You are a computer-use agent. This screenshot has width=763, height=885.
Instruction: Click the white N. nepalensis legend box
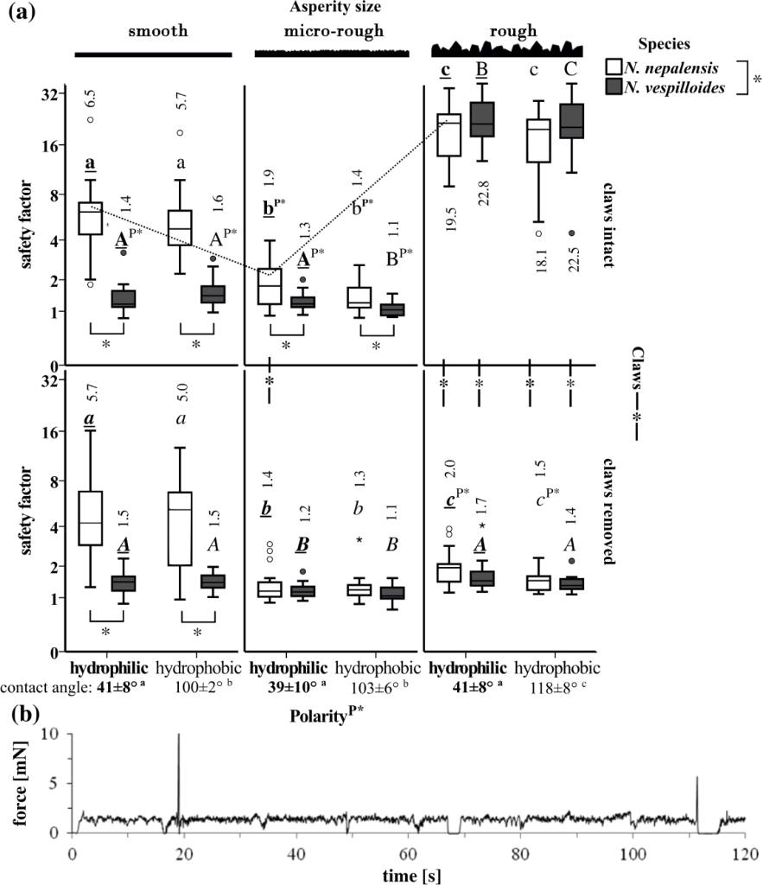click(617, 67)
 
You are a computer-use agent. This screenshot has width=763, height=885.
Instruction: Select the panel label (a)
click(23, 12)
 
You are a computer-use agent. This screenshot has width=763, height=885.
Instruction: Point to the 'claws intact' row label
click(611, 219)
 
